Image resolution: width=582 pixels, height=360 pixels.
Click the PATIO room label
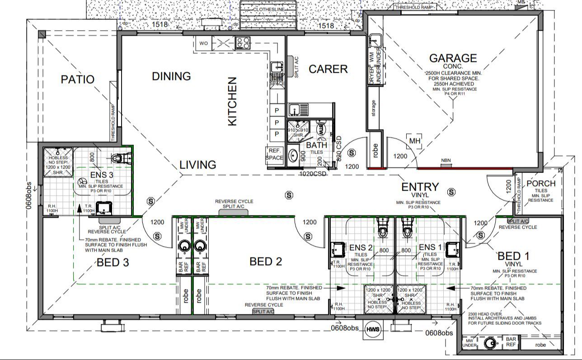click(77, 79)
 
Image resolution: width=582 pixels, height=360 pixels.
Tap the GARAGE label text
click(453, 58)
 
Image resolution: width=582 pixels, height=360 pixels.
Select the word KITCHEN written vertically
click(232, 102)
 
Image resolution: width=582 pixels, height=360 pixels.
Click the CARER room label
click(328, 69)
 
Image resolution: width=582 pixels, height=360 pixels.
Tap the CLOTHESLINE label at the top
click(268, 9)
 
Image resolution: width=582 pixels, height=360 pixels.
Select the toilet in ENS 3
click(118, 159)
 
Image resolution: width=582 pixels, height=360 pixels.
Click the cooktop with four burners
click(243, 43)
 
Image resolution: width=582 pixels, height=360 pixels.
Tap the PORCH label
click(541, 183)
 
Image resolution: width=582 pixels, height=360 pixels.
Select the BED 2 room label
click(266, 262)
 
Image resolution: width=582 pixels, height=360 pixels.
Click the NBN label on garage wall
click(446, 161)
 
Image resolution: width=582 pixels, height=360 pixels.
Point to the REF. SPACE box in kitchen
click(275, 154)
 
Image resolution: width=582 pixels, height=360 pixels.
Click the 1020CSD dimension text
click(313, 173)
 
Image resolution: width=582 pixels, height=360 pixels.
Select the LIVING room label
click(197, 165)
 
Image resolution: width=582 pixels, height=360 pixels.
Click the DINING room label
click(171, 76)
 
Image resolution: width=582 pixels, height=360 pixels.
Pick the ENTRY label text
click(420, 187)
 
